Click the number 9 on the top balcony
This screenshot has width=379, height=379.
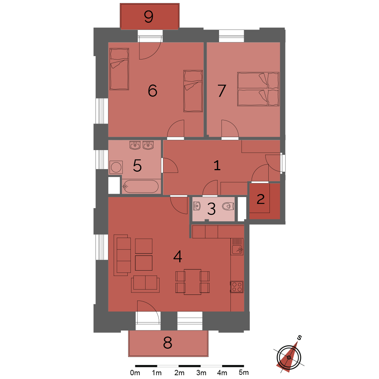coord(149,17)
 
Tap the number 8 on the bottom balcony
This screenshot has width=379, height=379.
coord(168,343)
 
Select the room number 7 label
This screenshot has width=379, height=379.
coord(222,91)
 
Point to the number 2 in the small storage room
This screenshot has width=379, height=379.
coord(261,199)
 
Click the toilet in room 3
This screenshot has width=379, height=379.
coord(228,206)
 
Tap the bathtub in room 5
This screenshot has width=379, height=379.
coord(141,186)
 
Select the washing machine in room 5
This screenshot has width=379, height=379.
coord(116,167)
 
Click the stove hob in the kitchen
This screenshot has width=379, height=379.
coord(237,287)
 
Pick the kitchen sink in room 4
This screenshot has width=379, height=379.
coord(237,247)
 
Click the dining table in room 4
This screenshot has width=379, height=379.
coord(193,282)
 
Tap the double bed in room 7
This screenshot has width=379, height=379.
coord(258,89)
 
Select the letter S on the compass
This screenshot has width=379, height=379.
coord(299,338)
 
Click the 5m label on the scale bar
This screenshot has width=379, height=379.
coord(244,373)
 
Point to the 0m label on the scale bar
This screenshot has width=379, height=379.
coord(135,373)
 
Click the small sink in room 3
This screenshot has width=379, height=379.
coord(197,206)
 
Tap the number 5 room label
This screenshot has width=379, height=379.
coord(137,166)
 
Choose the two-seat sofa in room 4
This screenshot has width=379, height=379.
coord(145,284)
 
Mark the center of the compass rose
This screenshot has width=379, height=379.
coord(289,357)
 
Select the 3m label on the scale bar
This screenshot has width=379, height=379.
coord(201,373)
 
